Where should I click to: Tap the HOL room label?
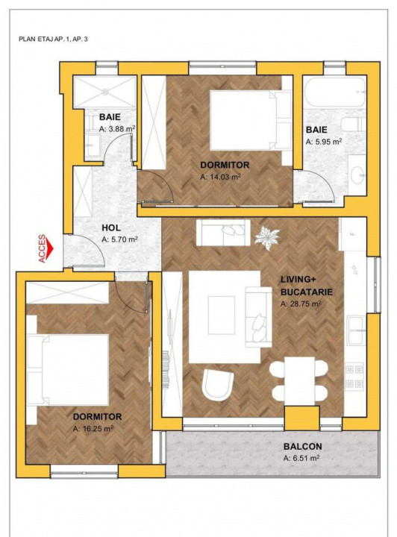(x=112, y=228)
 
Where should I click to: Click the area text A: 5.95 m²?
(x=324, y=141)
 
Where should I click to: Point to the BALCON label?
(x=302, y=447)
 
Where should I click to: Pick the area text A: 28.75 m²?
(x=301, y=304)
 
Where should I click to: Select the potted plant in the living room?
(x=267, y=238)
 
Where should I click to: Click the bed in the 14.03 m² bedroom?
(x=245, y=119)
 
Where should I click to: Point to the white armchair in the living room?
(x=218, y=386)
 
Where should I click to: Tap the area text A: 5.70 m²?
(x=119, y=240)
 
